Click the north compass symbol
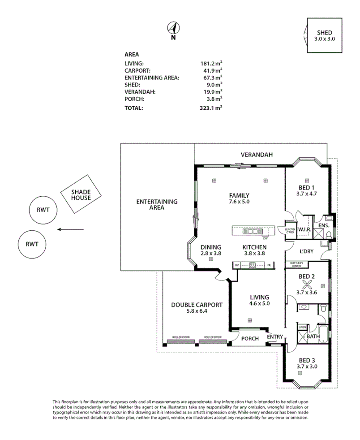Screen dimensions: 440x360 173,29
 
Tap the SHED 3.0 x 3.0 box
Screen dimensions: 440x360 326,36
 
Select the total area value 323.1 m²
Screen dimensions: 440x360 212,108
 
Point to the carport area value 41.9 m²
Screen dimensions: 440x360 212,71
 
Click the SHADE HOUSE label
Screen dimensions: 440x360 81,195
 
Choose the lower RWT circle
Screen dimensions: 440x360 32,244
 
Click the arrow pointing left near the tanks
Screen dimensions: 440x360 71,230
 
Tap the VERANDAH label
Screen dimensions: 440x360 257,155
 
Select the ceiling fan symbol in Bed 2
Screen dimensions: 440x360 307,283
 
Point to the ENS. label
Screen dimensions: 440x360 323,226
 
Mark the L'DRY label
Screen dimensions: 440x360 307,251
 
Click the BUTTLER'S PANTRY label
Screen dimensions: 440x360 296,264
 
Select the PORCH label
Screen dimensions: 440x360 250,339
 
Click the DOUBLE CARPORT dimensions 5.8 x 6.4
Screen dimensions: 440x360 197,312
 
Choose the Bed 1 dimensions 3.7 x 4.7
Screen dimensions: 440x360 307,194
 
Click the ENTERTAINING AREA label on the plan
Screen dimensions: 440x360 157,205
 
